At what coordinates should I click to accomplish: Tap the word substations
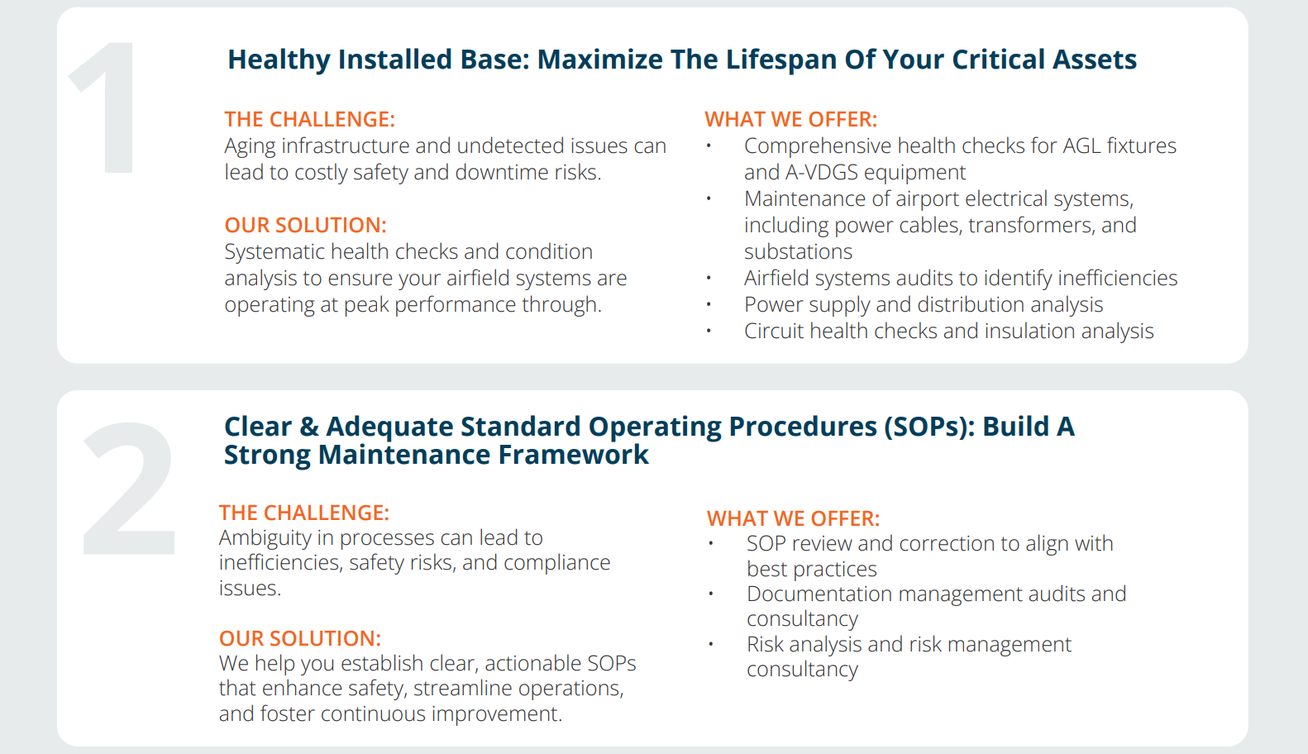798,251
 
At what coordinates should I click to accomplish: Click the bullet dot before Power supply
709,304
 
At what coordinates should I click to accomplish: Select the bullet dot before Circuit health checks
709,331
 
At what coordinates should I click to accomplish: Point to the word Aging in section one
250,146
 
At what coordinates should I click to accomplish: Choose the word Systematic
274,251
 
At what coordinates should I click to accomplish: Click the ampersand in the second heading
309,427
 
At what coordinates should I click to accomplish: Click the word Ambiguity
265,538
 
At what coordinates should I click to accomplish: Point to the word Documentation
819,594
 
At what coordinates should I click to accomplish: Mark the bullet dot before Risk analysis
711,644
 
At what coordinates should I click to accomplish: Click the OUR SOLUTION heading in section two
300,638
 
